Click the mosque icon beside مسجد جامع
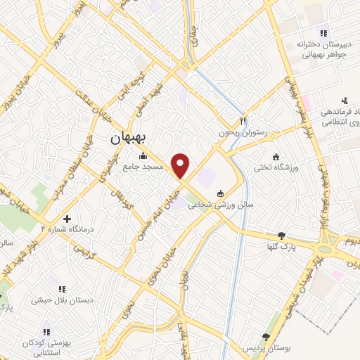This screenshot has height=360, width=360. coord(144,156)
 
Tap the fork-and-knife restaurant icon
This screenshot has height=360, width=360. coord(243,120)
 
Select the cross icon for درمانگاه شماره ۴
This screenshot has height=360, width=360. coord(67,219)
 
